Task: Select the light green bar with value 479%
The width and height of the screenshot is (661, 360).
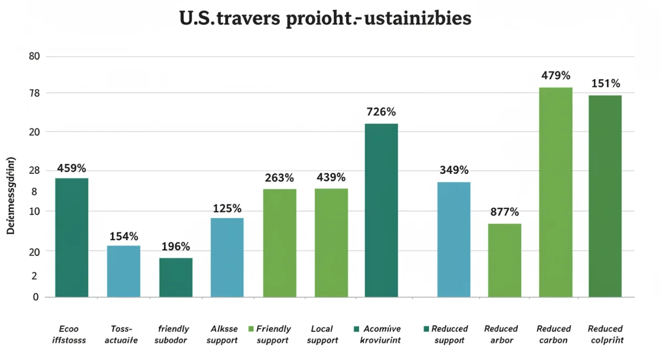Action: click(x=555, y=192)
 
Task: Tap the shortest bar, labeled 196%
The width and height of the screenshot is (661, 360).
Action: click(x=176, y=277)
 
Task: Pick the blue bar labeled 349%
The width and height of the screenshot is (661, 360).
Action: click(x=454, y=239)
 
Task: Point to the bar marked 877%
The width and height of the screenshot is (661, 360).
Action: click(x=505, y=260)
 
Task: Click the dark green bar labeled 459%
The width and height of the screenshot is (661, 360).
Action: click(x=72, y=237)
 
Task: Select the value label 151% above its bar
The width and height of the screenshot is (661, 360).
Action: click(x=605, y=84)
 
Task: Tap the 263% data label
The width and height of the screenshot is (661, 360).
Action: click(x=279, y=178)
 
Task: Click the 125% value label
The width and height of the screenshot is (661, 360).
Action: click(x=227, y=209)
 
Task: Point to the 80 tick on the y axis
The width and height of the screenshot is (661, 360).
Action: click(x=35, y=57)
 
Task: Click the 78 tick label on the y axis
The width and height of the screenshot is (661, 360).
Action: click(x=35, y=93)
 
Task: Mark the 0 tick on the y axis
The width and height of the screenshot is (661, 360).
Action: click(x=36, y=297)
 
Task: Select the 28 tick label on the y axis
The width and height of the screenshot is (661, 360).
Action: click(x=34, y=171)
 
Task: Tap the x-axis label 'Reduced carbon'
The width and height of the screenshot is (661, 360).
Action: click(x=555, y=334)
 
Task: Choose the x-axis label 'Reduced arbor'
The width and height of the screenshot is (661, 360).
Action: click(x=501, y=334)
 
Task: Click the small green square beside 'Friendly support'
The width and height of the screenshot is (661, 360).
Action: click(x=251, y=329)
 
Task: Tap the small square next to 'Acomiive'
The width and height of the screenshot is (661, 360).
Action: click(x=356, y=329)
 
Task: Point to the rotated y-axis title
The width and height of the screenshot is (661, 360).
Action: click(x=10, y=196)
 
